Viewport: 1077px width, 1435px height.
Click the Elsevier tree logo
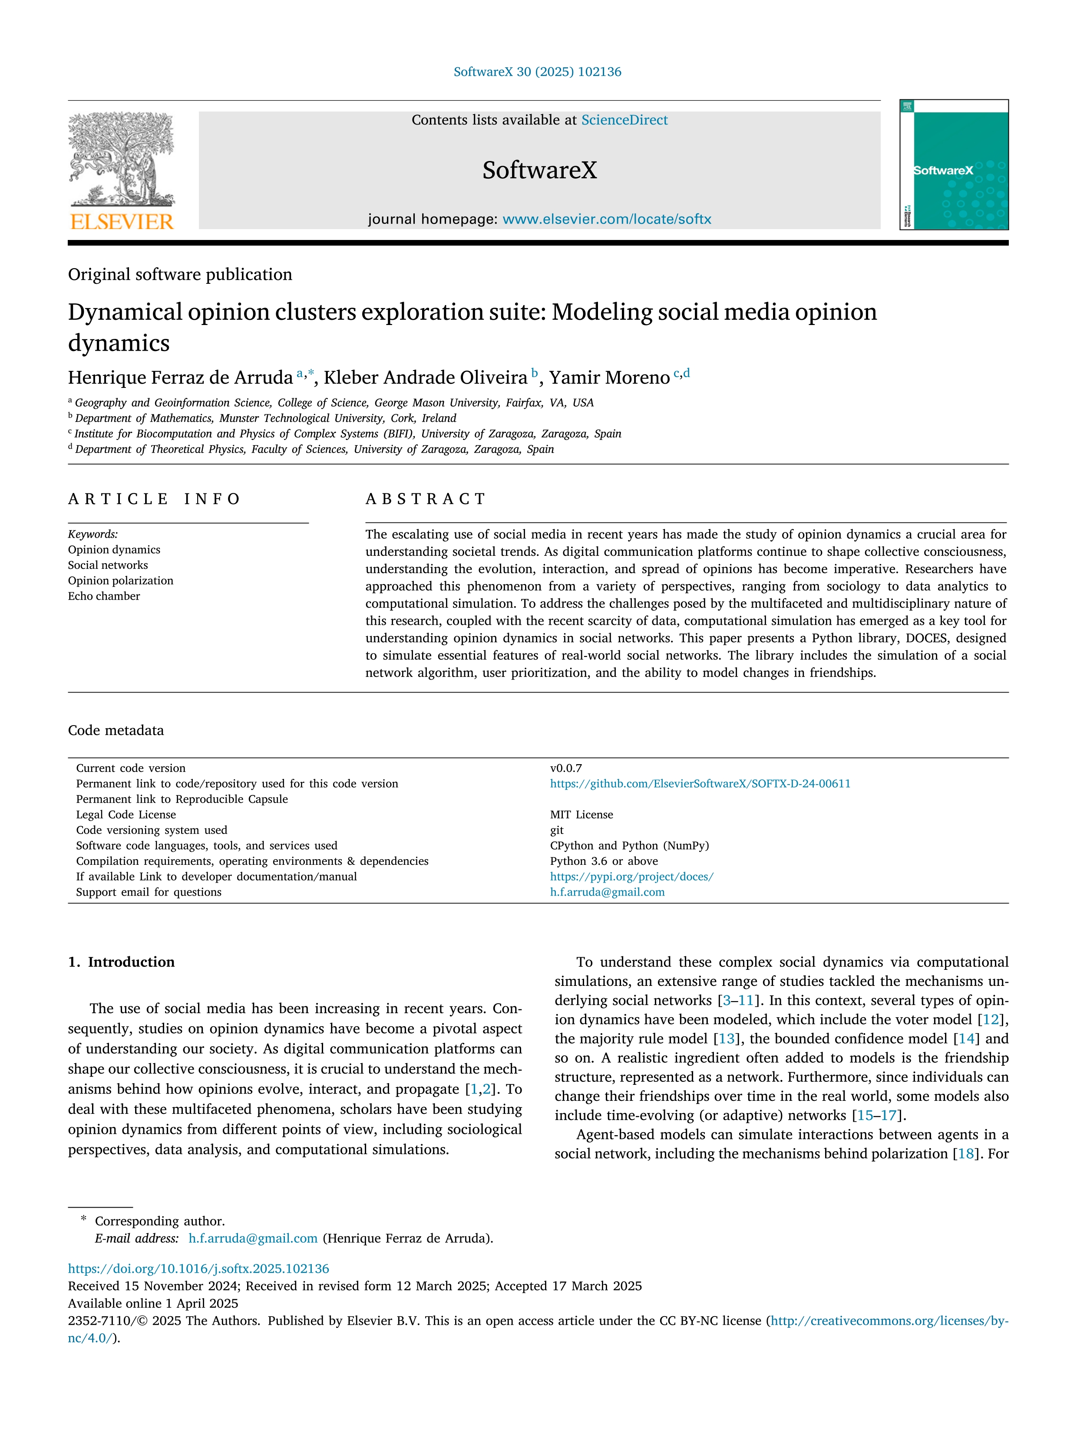tap(122, 159)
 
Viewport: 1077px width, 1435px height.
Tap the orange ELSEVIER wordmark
tap(122, 222)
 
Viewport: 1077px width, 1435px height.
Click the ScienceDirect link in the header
tap(624, 120)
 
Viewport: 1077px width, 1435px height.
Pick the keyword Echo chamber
tap(104, 596)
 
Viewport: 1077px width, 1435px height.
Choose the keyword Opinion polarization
tap(121, 581)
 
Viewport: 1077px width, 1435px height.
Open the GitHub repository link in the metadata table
tap(700, 784)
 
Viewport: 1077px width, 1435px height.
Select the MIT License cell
tap(581, 815)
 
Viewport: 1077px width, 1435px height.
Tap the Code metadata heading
tap(116, 730)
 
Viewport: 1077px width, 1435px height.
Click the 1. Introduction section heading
tap(122, 962)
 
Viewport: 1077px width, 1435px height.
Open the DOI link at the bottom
tap(198, 1269)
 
